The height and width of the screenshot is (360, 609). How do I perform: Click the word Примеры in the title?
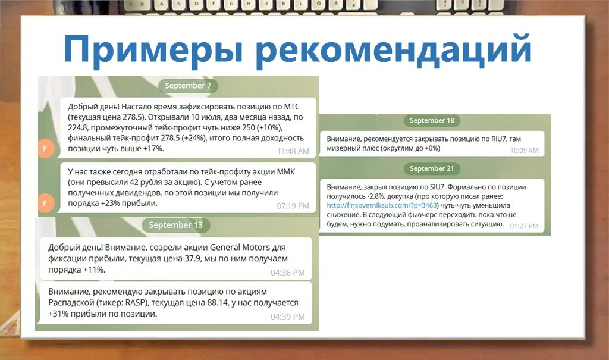pyautogui.click(x=153, y=49)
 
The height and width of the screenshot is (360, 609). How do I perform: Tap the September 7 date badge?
pyautogui.click(x=188, y=86)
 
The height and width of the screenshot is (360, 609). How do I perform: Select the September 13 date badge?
pyautogui.click(x=175, y=225)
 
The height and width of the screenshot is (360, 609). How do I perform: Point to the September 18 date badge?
pyautogui.click(x=432, y=120)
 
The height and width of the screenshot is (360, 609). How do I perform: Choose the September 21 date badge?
pyautogui.click(x=432, y=168)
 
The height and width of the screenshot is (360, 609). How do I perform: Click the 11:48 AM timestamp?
pyautogui.click(x=293, y=151)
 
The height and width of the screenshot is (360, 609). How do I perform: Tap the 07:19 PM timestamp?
pyautogui.click(x=293, y=206)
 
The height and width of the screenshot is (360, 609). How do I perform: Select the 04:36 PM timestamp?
pyautogui.click(x=287, y=273)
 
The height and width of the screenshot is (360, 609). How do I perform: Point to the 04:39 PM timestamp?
pyautogui.click(x=287, y=317)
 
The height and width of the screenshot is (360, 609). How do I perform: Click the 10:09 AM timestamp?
pyautogui.click(x=524, y=151)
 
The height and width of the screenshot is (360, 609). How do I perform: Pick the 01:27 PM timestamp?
pyautogui.click(x=524, y=226)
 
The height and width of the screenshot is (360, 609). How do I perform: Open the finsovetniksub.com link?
pyautogui.click(x=381, y=205)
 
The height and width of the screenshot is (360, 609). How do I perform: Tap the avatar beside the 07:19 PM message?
pyautogui.click(x=46, y=203)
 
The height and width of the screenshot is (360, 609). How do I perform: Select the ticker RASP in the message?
pyautogui.click(x=134, y=303)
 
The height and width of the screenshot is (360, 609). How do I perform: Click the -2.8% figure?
pyautogui.click(x=366, y=196)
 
